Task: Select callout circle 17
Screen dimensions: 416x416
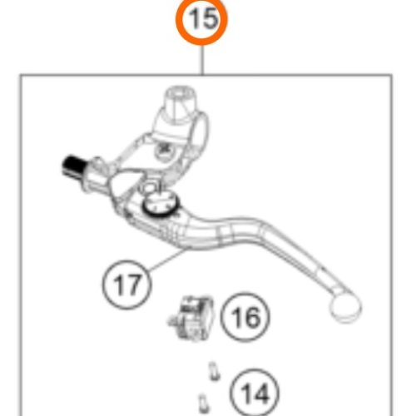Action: coord(126,285)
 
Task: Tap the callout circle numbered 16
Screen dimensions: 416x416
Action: coord(245,317)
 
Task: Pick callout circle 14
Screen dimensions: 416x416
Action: coord(255,393)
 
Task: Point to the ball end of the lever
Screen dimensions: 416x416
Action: coord(345,307)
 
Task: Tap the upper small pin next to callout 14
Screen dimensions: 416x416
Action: coord(214,371)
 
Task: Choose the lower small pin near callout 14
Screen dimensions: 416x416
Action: coord(203,404)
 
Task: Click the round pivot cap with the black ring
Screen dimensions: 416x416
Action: coord(161,205)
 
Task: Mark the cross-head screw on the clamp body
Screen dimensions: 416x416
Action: coord(165,150)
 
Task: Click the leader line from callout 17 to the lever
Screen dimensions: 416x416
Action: coord(166,260)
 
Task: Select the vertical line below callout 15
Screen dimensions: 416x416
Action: coord(202,60)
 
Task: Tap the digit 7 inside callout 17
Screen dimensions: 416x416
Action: coord(134,285)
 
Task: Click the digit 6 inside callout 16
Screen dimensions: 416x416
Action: coord(252,317)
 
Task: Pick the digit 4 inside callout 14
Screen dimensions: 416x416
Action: coord(260,394)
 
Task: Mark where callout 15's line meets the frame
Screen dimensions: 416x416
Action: coord(202,75)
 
